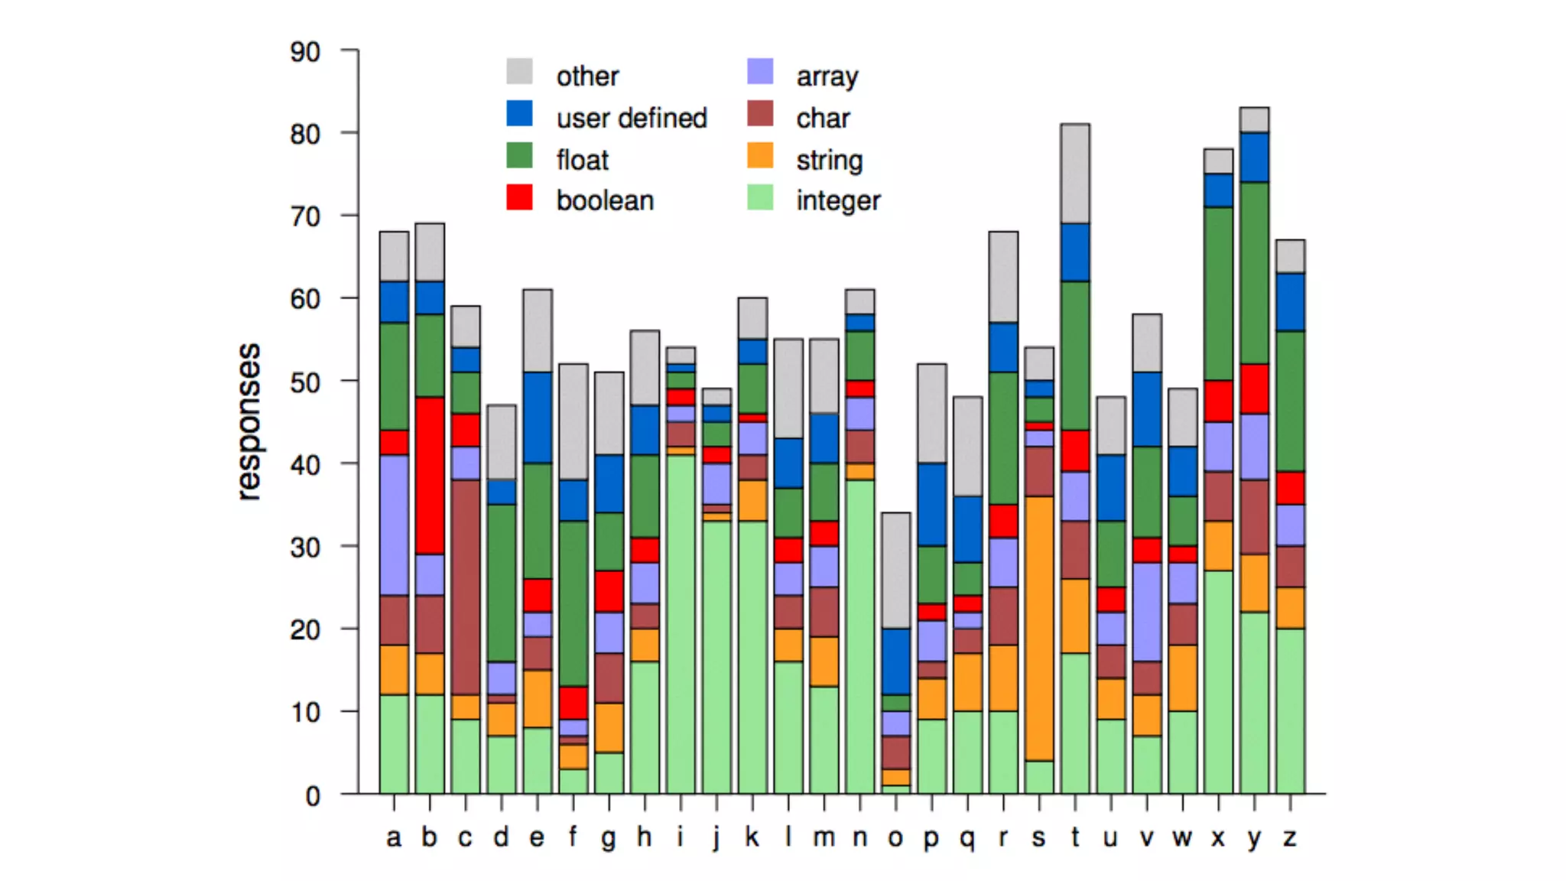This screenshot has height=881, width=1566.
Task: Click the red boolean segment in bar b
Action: (430, 475)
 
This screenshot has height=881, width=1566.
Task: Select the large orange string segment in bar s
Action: (1039, 628)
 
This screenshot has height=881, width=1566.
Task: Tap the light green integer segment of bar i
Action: (681, 623)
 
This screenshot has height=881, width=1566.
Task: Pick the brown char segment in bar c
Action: (466, 587)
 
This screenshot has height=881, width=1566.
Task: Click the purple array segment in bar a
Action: (394, 525)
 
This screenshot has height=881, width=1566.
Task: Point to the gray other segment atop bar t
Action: (1075, 174)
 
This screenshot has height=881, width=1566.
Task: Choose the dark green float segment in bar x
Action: (1218, 293)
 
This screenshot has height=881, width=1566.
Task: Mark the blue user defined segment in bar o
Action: (895, 661)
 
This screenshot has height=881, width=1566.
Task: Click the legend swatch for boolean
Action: (520, 197)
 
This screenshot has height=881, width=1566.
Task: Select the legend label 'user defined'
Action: (632, 118)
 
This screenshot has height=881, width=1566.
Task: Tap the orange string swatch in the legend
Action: (760, 156)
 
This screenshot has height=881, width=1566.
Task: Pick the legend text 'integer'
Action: (838, 200)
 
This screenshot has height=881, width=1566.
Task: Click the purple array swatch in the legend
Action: (760, 72)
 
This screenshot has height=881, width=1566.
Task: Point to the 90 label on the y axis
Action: (305, 52)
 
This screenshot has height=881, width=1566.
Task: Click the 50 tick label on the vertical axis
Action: (305, 382)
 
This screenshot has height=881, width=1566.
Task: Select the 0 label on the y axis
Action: (313, 796)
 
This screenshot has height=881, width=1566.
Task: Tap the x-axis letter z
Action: (1290, 837)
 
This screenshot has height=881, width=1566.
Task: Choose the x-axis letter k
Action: (752, 837)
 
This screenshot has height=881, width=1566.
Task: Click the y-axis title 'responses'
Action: (249, 422)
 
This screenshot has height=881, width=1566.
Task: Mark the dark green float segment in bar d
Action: (502, 583)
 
